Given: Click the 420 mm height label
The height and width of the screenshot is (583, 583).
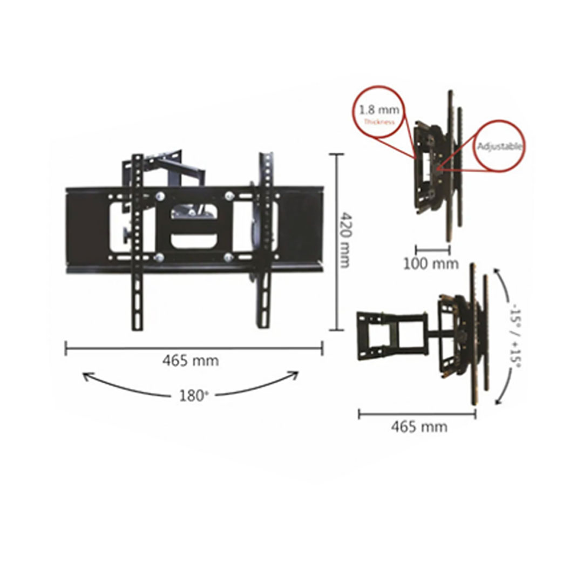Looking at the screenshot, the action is tap(346, 240).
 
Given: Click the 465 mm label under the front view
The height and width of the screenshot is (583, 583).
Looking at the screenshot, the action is tap(191, 361).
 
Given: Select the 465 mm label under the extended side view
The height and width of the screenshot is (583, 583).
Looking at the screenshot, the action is tap(419, 426).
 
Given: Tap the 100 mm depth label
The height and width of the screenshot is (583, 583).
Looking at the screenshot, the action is tap(431, 264).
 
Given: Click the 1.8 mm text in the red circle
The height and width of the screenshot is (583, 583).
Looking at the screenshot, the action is tap(379, 110).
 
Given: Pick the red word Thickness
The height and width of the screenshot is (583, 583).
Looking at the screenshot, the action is tap(379, 121).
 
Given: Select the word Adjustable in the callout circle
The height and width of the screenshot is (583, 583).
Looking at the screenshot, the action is tap(500, 146).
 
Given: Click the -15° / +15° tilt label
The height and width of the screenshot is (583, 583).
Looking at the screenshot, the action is tap(516, 337).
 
